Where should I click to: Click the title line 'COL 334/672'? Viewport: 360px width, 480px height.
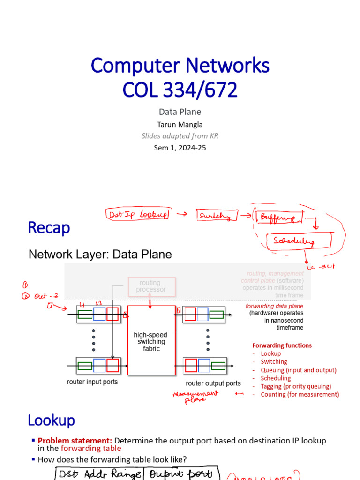[x=180, y=90]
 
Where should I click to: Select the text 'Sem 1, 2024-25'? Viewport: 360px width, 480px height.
[x=180, y=148]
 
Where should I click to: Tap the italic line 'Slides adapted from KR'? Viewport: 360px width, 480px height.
[x=180, y=136]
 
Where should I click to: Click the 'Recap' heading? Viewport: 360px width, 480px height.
[x=49, y=228]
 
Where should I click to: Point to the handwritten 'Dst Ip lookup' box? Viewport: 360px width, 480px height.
[x=137, y=214]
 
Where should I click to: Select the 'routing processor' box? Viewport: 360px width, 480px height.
[x=151, y=286]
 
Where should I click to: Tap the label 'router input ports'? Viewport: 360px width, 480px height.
[x=92, y=382]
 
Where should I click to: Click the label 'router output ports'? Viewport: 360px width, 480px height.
[x=213, y=383]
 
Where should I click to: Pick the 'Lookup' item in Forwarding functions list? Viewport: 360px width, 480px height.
[x=271, y=353]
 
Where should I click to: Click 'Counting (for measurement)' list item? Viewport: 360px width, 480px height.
[x=300, y=394]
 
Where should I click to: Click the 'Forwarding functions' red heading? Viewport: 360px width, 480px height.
[x=282, y=345]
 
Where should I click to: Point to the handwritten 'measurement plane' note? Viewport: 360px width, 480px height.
[x=195, y=397]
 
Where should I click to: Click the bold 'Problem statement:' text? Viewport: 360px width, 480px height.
[x=75, y=441]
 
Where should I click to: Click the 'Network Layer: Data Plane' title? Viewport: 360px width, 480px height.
[x=100, y=255]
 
